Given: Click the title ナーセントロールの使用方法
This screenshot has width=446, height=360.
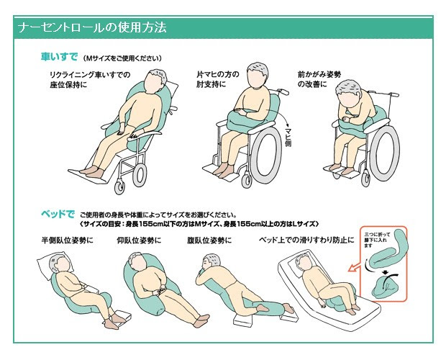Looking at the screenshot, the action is coord(92,28).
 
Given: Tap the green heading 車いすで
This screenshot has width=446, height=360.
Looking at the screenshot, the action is coord(59,57).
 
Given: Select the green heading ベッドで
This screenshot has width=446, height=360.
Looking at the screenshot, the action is coord(58,214).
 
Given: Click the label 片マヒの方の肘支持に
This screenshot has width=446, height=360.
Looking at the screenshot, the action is coord(218,79).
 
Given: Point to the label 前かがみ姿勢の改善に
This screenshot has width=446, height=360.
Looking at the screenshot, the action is coord(319,79).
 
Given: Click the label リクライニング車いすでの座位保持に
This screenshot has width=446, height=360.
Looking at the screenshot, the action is coord(90,80).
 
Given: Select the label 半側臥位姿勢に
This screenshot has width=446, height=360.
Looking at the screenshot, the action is coord(68,240).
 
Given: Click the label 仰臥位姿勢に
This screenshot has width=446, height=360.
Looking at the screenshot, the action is coord(139,240).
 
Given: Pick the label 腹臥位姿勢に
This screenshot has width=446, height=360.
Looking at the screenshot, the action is coord(209,240).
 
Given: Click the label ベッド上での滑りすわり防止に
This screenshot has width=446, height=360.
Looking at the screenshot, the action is coord(306,240).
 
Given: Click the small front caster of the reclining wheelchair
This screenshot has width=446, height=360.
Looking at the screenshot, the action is coord(119,187).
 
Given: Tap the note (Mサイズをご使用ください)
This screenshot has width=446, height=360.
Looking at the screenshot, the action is coord(122,58).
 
